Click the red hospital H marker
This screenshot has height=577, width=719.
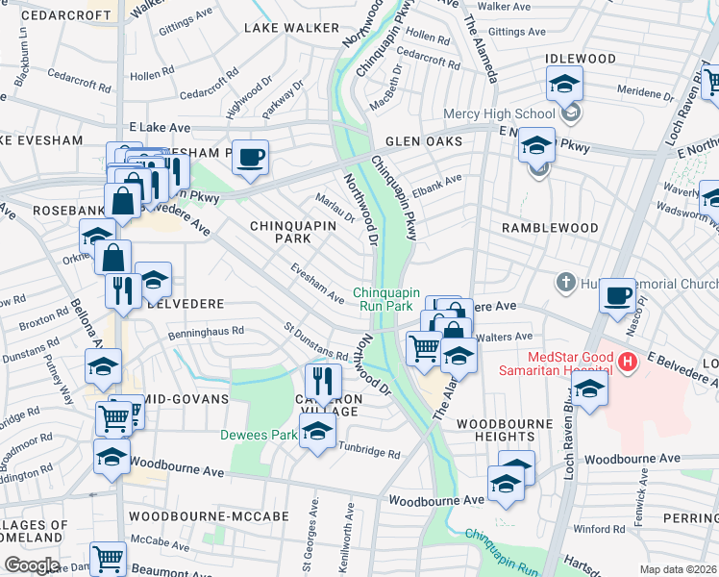(628, 363)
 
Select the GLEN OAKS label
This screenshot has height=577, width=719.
(424, 141)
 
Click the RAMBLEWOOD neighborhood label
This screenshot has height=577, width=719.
(550, 228)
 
